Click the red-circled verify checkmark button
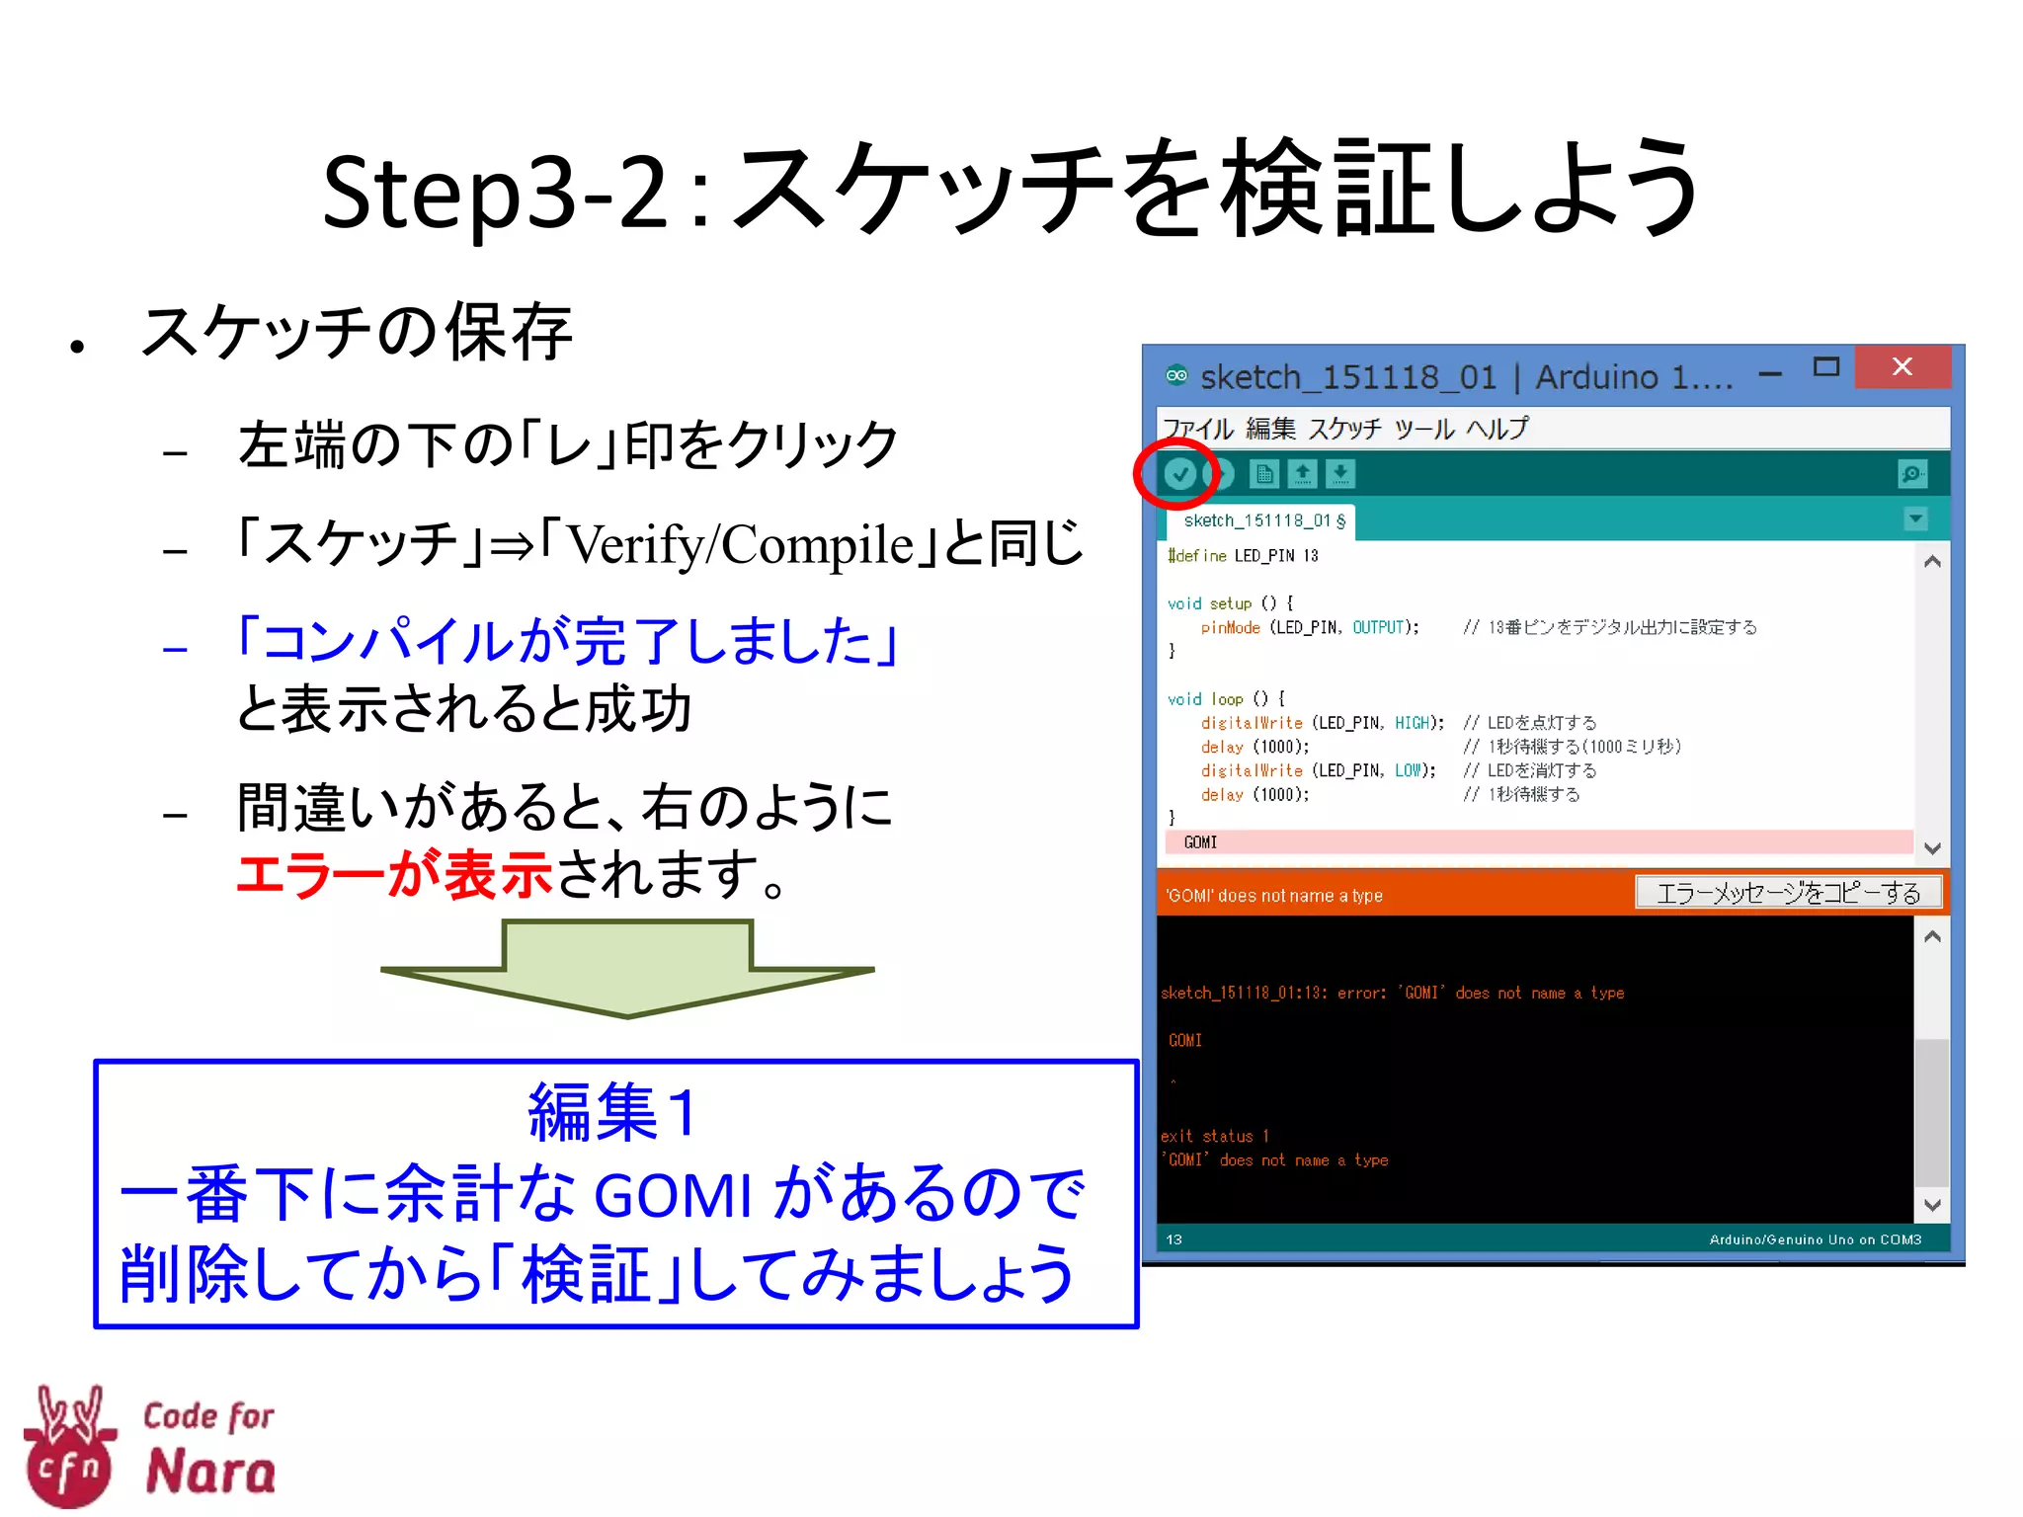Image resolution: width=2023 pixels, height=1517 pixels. pos(1179,475)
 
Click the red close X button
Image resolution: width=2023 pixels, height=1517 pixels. pos(1902,367)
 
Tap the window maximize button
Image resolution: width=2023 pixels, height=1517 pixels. pos(1826,367)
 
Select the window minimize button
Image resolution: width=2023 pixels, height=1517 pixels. pos(1770,374)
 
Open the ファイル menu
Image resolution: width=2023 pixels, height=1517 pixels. pos(1197,429)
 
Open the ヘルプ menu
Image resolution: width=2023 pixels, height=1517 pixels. pos(1497,429)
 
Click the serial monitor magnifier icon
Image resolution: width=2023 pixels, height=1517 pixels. pos(1912,475)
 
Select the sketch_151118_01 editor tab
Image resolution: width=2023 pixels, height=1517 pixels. pos(1263,520)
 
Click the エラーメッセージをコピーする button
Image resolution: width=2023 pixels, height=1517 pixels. pos(1788,894)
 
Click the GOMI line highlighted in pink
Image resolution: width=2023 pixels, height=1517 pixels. pos(1201,842)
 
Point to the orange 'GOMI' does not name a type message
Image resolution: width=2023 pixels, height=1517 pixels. pos(1274,896)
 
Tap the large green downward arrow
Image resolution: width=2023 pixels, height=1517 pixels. pos(628,968)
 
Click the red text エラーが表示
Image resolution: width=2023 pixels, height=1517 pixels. pos(394,875)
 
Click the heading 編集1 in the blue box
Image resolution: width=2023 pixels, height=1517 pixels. pos(613,1112)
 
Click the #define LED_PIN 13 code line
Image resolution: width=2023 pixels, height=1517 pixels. pos(1243,556)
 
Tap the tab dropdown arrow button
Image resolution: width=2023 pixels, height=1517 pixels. pos(1915,519)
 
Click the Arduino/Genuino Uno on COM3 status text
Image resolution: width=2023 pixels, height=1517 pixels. pos(1815,1239)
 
